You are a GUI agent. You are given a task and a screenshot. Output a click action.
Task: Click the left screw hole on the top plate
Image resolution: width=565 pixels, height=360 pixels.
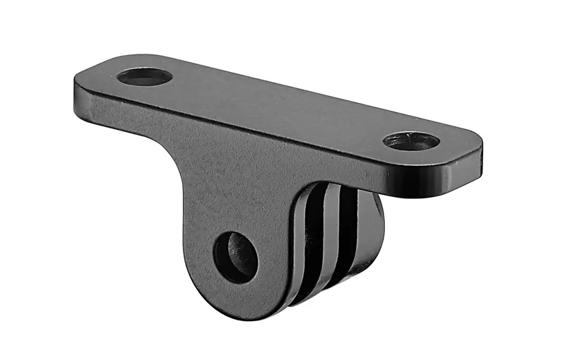(x=145, y=76)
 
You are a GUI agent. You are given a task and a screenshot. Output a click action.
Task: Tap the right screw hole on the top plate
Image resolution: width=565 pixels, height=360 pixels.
(x=411, y=140)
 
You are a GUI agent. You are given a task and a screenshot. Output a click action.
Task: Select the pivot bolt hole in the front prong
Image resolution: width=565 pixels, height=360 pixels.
(x=235, y=257)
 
